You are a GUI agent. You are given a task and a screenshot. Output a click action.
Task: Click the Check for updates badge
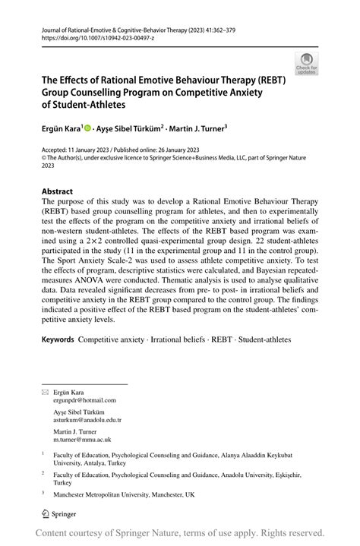coord(306,63)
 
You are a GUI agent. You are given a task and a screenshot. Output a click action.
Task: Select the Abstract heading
coord(57,191)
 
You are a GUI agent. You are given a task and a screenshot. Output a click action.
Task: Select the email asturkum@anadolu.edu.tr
coord(87,419)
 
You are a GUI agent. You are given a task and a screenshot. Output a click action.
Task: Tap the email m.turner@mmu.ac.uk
coord(82,439)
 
